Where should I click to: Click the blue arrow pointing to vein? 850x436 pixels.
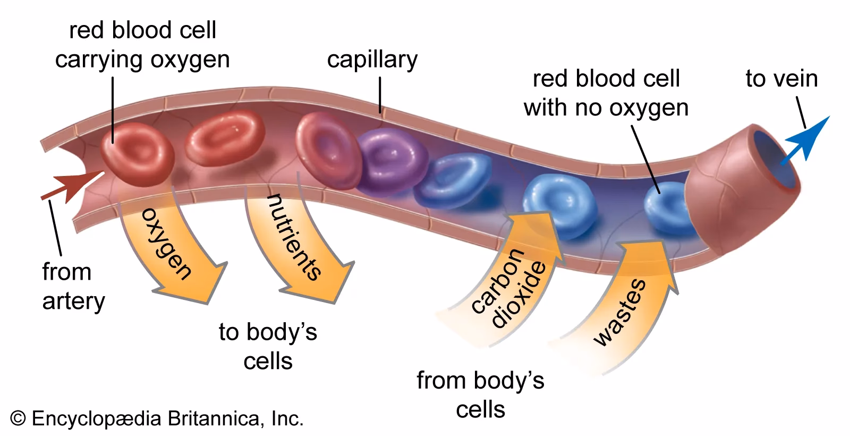[809, 140]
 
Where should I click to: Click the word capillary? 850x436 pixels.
[372, 60]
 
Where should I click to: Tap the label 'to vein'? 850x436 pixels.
[781, 79]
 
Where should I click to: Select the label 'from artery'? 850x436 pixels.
[73, 287]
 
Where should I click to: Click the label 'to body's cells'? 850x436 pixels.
[268, 347]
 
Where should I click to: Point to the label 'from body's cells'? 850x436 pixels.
[481, 395]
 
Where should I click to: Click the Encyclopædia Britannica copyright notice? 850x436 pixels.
[157, 418]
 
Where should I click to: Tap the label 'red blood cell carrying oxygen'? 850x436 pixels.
[142, 45]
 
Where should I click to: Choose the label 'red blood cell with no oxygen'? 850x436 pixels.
[606, 94]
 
